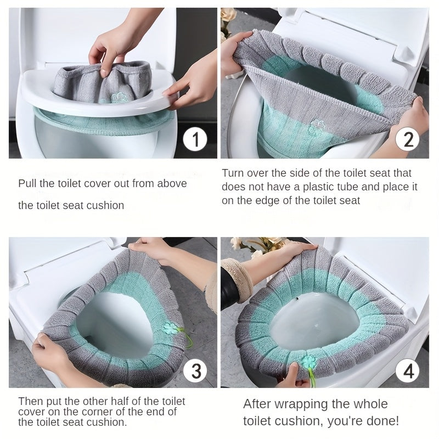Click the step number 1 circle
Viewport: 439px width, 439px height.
pyautogui.click(x=194, y=140)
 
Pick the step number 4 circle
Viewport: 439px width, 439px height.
pyautogui.click(x=408, y=372)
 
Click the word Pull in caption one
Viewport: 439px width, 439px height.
pyautogui.click(x=28, y=184)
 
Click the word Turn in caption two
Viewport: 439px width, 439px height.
pyautogui.click(x=233, y=173)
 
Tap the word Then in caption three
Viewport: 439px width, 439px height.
pyautogui.click(x=30, y=401)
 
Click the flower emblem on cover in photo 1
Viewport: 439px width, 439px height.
pyautogui.click(x=116, y=98)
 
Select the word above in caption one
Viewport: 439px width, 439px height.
pyautogui.click(x=172, y=184)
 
